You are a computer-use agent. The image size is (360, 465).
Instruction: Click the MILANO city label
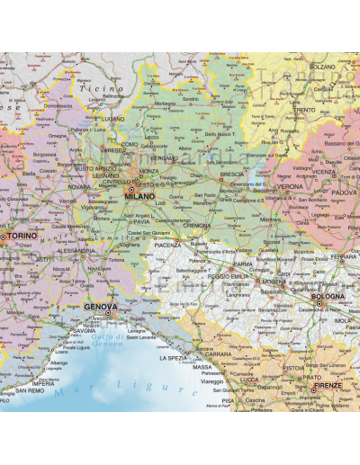pyautogui.click(x=140, y=196)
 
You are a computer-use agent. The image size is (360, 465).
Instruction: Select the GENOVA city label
pyautogui.click(x=100, y=307)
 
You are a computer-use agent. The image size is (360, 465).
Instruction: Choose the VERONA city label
pyautogui.click(x=290, y=187)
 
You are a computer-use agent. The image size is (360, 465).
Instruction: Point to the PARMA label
pyautogui.click(x=243, y=264)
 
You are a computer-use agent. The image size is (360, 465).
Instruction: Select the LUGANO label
pyautogui.click(x=113, y=118)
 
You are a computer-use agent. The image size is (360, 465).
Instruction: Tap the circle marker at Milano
pyautogui.click(x=130, y=190)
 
